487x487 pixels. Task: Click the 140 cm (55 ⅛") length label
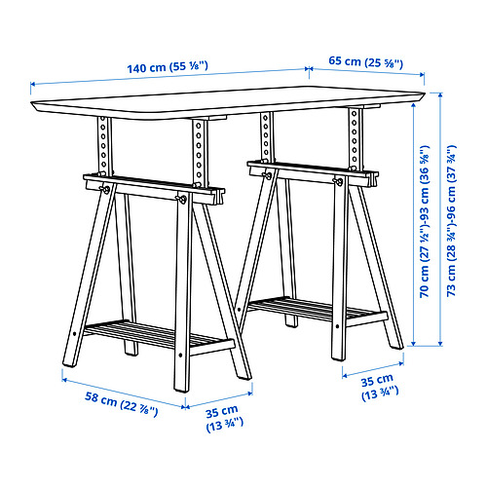pos(168,67)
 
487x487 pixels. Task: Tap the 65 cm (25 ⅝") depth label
pos(366,61)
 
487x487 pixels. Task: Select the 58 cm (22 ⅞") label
pos(122,403)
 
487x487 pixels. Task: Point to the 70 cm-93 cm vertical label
pos(425,221)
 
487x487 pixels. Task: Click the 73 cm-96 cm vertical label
pos(452,220)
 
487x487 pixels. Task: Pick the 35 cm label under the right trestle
pos(380,387)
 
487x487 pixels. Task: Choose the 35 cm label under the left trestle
pos(224,419)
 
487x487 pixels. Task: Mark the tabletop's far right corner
pos(425,94)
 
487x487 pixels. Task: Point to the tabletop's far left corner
pos(31,103)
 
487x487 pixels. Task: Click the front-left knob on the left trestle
pos(105,190)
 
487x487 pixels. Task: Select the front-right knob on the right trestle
pos(337,181)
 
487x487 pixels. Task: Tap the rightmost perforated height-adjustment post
pos(355,139)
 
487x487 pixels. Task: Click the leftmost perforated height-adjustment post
pos(104,147)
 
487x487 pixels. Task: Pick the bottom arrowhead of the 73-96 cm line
pos(440,343)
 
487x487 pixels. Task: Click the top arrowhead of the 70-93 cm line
pos(413,106)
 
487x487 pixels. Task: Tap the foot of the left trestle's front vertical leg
pos(181,389)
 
